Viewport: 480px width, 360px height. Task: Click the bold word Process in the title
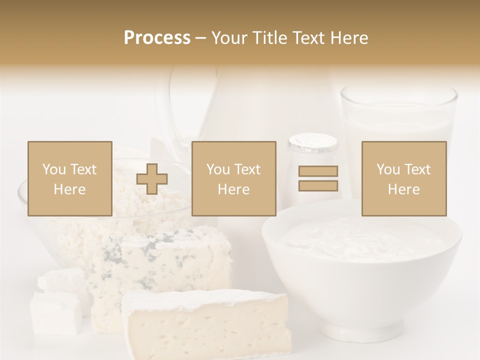click(x=157, y=38)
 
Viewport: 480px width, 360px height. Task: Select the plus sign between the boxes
click(x=152, y=179)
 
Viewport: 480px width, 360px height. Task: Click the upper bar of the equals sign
click(x=318, y=171)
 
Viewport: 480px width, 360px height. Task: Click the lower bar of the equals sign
click(x=318, y=185)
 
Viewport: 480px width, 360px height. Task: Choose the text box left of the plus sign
click(x=70, y=179)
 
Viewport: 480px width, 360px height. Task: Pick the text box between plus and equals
click(x=234, y=179)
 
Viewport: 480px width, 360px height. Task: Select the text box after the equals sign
click(x=404, y=179)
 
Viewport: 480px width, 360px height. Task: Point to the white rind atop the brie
click(x=200, y=298)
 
